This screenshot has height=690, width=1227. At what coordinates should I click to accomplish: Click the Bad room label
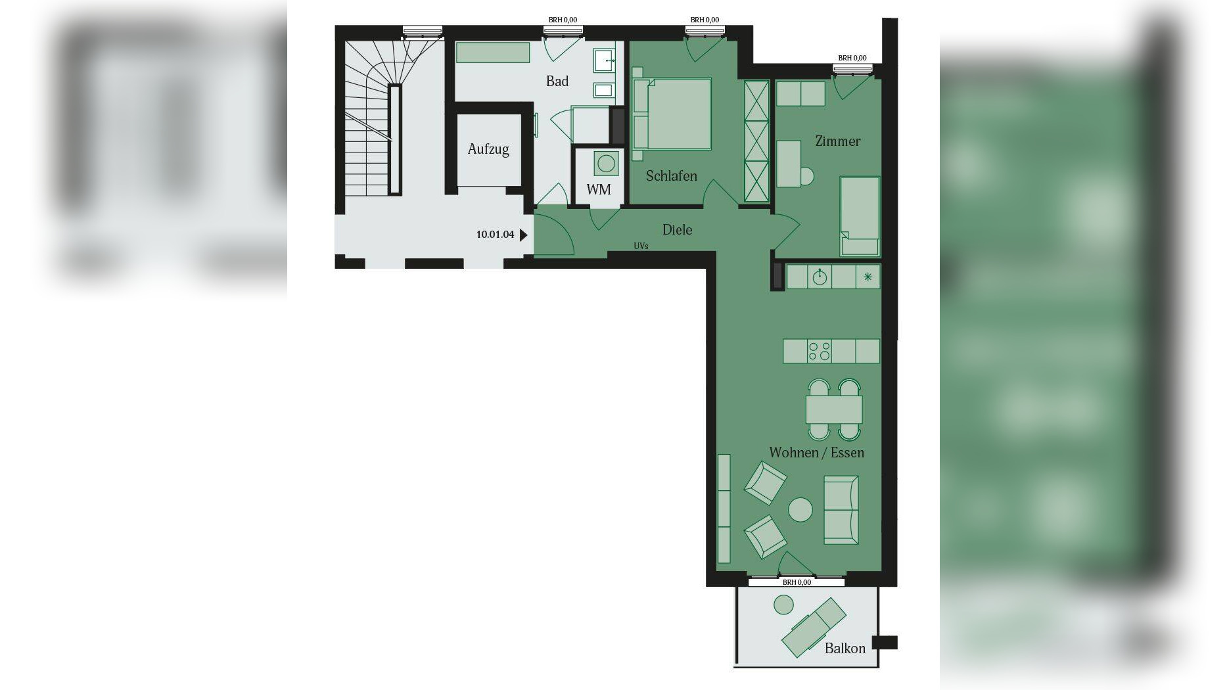click(557, 81)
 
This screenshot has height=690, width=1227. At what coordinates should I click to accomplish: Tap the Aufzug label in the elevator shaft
click(488, 149)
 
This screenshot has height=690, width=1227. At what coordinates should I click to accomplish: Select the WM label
click(599, 190)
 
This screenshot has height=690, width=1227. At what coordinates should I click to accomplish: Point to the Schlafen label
click(671, 176)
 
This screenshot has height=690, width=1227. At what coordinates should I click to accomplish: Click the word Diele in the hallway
click(677, 230)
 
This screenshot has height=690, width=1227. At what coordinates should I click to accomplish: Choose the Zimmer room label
click(837, 141)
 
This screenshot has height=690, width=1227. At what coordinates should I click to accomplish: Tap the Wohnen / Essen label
click(816, 453)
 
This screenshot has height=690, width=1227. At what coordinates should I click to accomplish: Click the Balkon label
click(845, 649)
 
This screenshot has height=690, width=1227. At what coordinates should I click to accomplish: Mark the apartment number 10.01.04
click(495, 235)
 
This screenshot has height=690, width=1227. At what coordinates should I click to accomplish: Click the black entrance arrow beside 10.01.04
click(524, 235)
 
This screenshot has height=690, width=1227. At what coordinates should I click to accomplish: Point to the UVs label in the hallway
click(641, 246)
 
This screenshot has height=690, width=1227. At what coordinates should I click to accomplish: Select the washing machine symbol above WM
click(606, 162)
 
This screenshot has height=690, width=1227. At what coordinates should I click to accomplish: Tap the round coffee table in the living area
click(800, 509)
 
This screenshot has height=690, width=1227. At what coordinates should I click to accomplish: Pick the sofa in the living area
click(841, 510)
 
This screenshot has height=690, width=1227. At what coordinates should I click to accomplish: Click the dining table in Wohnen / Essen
click(834, 409)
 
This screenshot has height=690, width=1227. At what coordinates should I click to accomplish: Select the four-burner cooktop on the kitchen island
click(820, 351)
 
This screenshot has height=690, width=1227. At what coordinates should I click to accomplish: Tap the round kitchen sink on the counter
click(820, 277)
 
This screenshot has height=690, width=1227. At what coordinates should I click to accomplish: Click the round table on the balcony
click(783, 604)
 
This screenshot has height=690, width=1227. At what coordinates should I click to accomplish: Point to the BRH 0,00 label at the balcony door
click(797, 582)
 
